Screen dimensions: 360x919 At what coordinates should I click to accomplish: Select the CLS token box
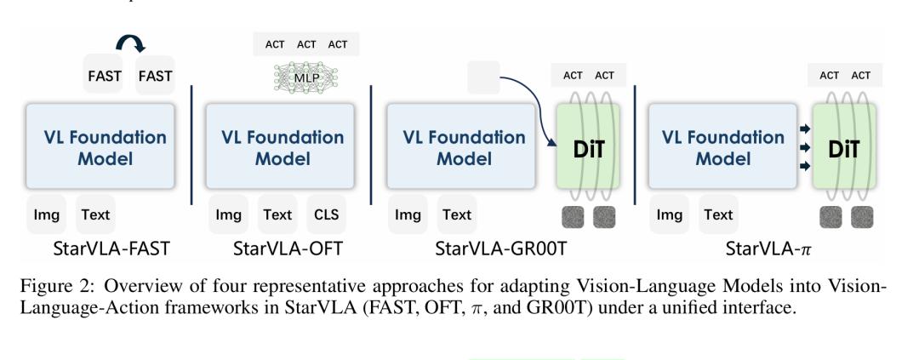pyautogui.click(x=325, y=214)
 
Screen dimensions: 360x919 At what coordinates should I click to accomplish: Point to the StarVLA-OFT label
pyautogui.click(x=282, y=250)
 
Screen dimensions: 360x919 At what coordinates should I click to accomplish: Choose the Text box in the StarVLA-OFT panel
pyautogui.click(x=277, y=214)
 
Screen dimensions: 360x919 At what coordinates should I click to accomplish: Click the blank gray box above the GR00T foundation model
pyautogui.click(x=483, y=77)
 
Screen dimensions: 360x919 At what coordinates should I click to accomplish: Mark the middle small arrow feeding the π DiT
pyautogui.click(x=804, y=146)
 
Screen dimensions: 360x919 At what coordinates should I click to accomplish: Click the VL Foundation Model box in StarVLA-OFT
pyautogui.click(x=283, y=146)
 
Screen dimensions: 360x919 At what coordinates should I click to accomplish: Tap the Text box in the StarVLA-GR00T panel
pyautogui.click(x=457, y=214)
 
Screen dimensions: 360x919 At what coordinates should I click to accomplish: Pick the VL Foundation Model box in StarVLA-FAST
pyautogui.click(x=100, y=146)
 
